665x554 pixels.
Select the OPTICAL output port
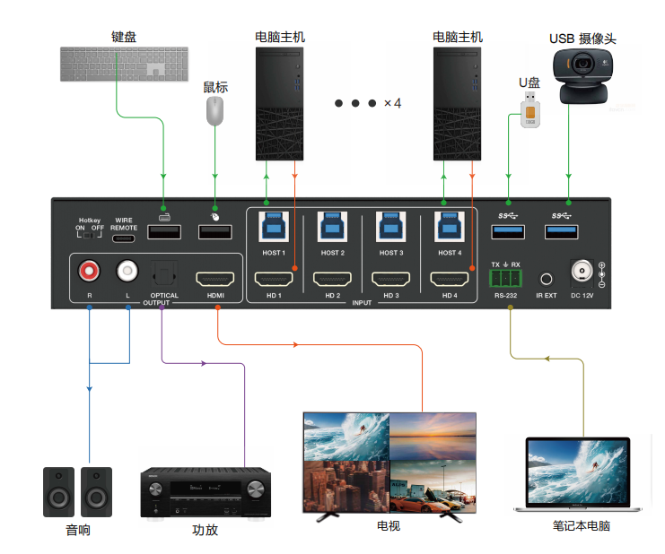pyautogui.click(x=164, y=272)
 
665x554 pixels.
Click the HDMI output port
pyautogui.click(x=215, y=277)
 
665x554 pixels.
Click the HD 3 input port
pyautogui.click(x=390, y=277)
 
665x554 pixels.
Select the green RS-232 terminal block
pyautogui.click(x=506, y=278)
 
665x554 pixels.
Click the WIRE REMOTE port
pyautogui.click(x=124, y=238)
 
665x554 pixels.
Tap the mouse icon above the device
pyautogui.click(x=214, y=111)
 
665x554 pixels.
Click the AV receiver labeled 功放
pyautogui.click(x=206, y=494)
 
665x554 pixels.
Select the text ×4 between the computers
pyautogui.click(x=392, y=103)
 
